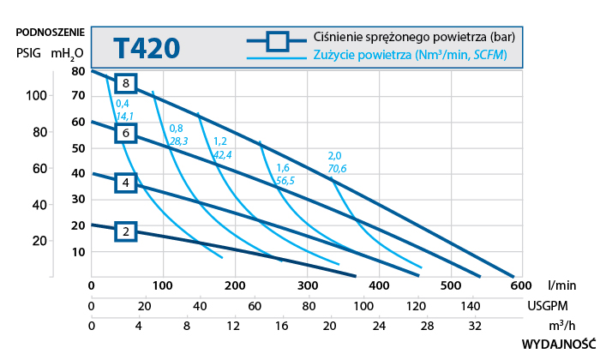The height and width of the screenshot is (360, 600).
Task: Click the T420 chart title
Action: [146, 46]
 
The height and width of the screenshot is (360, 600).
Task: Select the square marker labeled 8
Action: [126, 83]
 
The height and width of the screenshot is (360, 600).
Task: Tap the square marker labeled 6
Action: [126, 133]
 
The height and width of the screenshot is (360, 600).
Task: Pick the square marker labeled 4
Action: [126, 183]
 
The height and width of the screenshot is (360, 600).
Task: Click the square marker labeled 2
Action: [126, 231]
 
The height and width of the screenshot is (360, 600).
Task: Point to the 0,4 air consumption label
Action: [122, 104]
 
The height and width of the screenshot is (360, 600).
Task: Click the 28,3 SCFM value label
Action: [178, 141]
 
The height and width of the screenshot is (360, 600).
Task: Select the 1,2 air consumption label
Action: [219, 141]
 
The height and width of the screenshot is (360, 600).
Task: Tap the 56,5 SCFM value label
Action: [285, 181]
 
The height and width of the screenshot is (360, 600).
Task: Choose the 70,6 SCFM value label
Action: [336, 169]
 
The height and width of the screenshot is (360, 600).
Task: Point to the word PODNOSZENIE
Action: [51, 33]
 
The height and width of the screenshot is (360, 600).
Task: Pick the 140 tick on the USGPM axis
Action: [471, 306]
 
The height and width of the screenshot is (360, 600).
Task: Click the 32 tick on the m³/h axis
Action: [475, 326]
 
